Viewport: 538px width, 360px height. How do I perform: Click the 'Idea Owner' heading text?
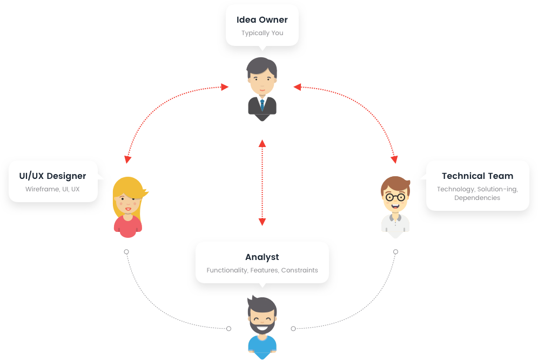[262, 20]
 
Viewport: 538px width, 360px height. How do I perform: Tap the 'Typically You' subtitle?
[262, 33]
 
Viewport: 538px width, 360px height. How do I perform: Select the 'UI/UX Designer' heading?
[52, 176]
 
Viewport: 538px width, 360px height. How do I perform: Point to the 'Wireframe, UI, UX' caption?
[52, 189]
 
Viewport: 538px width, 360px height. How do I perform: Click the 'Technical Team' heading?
[478, 176]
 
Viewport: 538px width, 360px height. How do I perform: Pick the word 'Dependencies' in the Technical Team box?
[477, 198]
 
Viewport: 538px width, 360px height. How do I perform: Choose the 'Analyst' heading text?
[262, 257]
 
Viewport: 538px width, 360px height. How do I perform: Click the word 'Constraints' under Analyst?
[299, 270]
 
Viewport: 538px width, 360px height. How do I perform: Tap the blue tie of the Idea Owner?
[262, 104]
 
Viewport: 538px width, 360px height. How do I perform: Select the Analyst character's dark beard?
[262, 327]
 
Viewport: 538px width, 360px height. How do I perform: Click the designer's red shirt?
[128, 227]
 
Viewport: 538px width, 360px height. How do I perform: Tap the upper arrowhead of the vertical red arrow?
[262, 143]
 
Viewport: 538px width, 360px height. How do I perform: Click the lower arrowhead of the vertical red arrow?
[262, 222]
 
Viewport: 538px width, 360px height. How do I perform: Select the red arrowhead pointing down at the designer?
[127, 159]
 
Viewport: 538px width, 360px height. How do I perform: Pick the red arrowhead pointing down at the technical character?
[394, 159]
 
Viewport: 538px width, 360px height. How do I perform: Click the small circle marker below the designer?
[126, 252]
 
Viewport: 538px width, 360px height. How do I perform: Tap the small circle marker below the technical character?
[395, 252]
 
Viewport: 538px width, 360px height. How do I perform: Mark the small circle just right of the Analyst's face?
[293, 328]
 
